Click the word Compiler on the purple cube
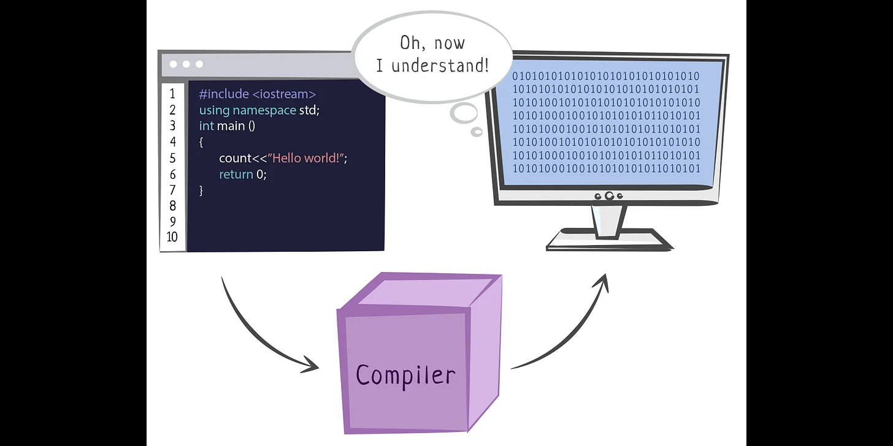405,375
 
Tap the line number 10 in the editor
172,237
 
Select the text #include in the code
224,94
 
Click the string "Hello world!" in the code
307,158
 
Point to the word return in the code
236,174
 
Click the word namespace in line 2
264,110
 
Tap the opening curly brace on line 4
201,142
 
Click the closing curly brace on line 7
201,190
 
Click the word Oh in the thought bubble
410,43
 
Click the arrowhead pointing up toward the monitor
602,283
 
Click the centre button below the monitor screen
609,196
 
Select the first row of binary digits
606,77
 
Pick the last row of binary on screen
606,168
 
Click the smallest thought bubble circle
477,131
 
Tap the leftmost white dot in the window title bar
174,64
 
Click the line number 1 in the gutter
172,94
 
